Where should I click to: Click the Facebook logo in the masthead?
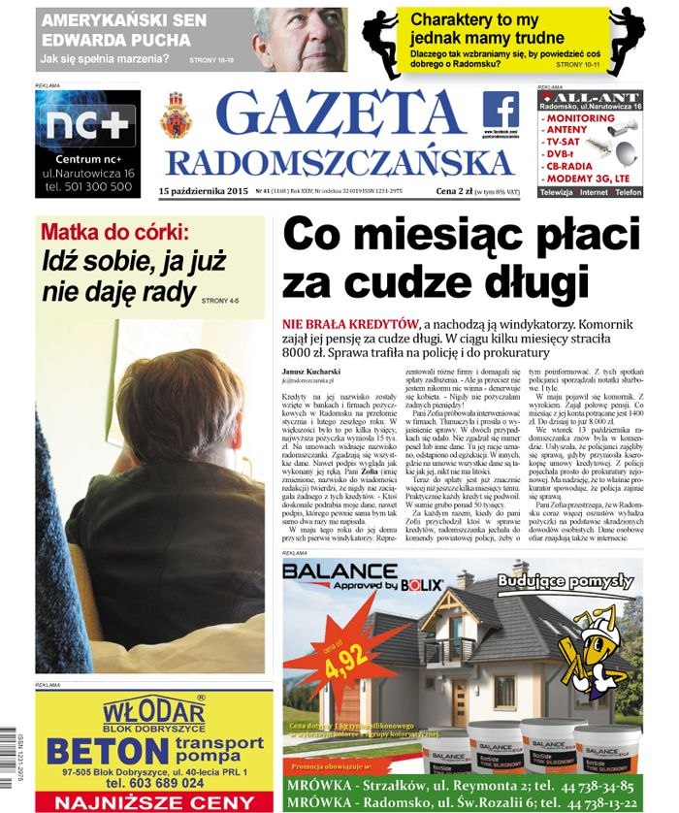(501, 109)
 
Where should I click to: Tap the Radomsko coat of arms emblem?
(177, 116)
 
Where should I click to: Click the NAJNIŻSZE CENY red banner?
(153, 802)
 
